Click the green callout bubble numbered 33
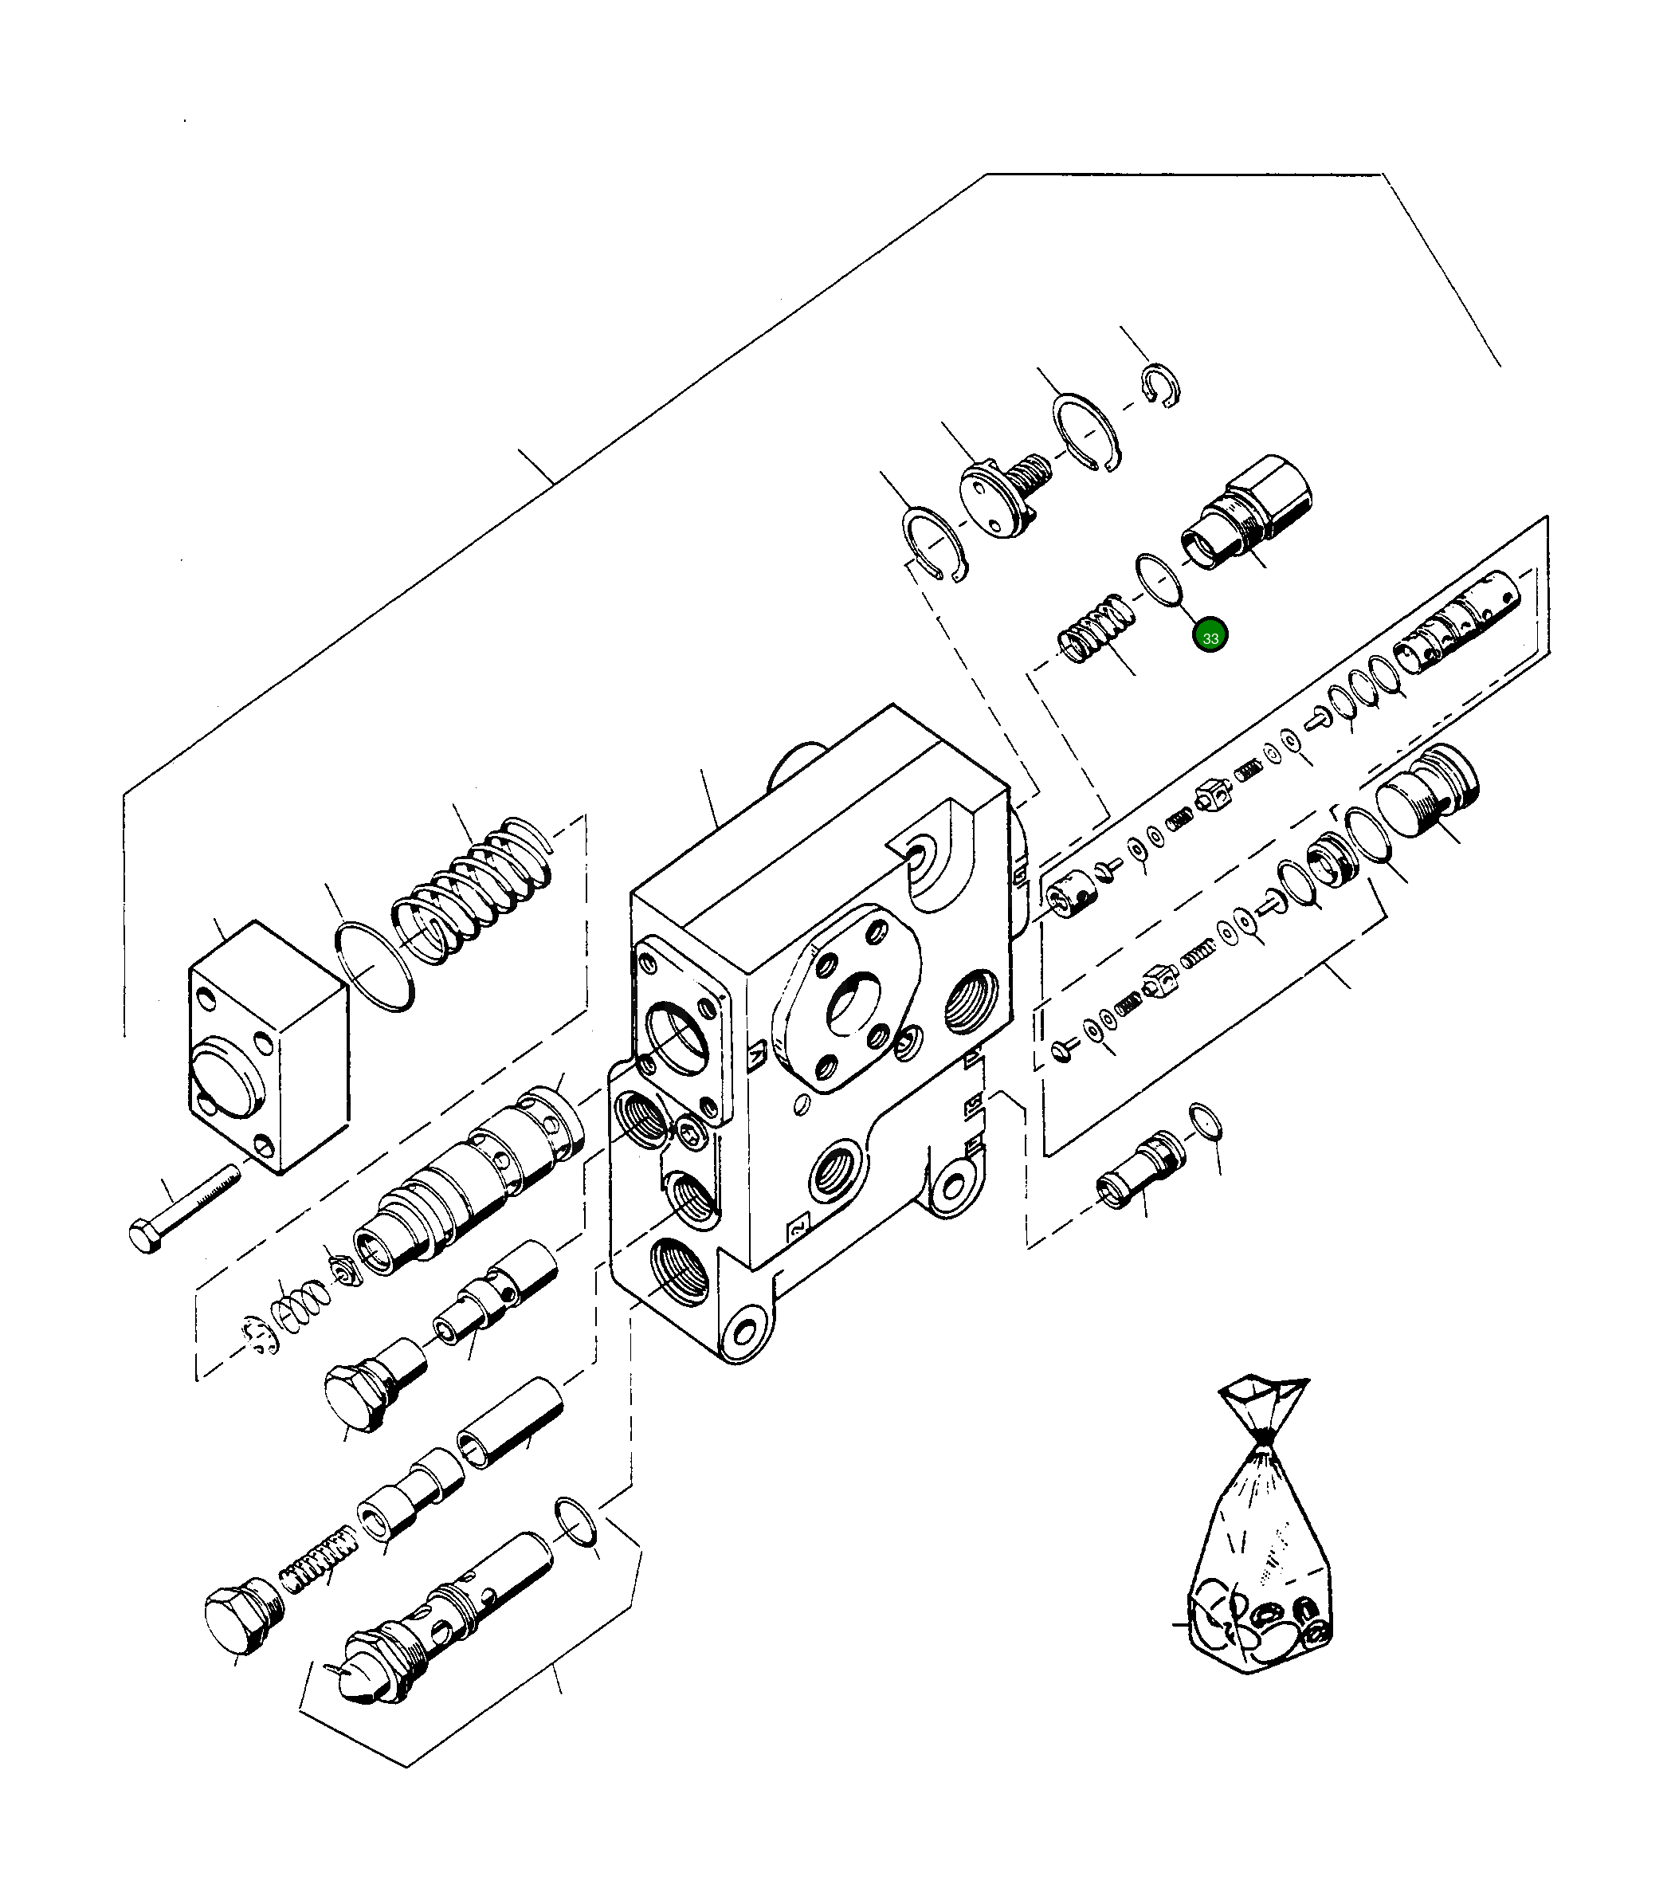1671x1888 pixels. (1210, 638)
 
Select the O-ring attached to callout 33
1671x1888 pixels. (1159, 580)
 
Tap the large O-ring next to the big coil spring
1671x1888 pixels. (374, 965)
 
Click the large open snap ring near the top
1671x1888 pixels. (1086, 431)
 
